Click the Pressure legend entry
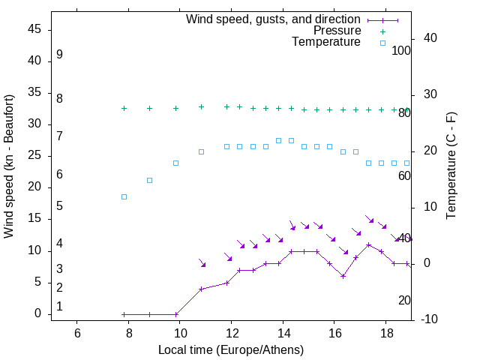pos(337,31)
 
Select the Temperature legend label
pos(325,42)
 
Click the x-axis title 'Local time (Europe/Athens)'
pos(231,349)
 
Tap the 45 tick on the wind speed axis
pos(34,29)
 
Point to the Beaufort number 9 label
pos(59,55)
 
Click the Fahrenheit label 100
pos(401,51)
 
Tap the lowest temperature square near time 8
pos(124,196)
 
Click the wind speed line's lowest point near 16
pos(343,276)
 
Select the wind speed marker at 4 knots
pos(201,289)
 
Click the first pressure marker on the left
pos(124,109)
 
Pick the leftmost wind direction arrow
pos(202,262)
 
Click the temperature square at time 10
pos(175,163)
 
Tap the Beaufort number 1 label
pos(59,307)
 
